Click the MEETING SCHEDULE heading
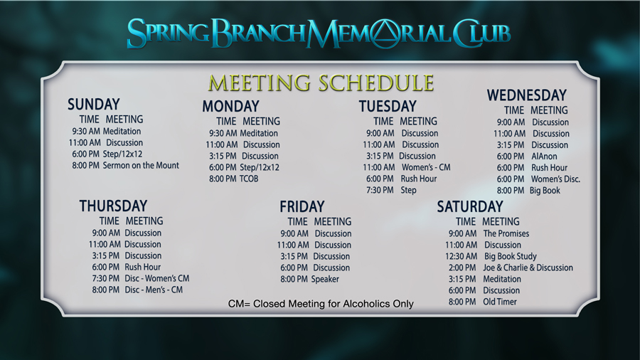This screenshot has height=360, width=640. click(x=321, y=83)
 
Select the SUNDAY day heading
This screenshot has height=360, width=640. click(x=93, y=104)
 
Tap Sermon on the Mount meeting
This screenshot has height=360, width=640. click(x=141, y=165)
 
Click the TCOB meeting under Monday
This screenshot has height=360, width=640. click(x=249, y=179)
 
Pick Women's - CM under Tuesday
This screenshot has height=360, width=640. click(x=426, y=167)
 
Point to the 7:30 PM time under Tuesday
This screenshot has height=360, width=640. click(x=380, y=190)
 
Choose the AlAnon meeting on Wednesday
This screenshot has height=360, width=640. click(x=544, y=156)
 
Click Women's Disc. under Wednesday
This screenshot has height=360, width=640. click(x=555, y=179)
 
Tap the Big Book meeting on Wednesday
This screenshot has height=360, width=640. click(x=545, y=190)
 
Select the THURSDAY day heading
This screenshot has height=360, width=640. click(x=113, y=206)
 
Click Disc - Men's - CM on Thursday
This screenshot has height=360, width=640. click(x=154, y=290)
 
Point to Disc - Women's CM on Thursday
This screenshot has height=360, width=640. click(x=157, y=278)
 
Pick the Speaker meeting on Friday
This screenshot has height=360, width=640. click(x=325, y=279)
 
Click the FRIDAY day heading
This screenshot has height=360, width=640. click(x=302, y=206)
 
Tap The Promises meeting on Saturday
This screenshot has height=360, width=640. click(x=506, y=233)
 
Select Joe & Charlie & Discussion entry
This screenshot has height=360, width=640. click(x=528, y=268)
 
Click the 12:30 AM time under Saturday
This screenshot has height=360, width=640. click(x=462, y=256)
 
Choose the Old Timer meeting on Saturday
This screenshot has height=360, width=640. click(x=500, y=302)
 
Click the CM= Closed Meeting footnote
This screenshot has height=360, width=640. click(x=321, y=304)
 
